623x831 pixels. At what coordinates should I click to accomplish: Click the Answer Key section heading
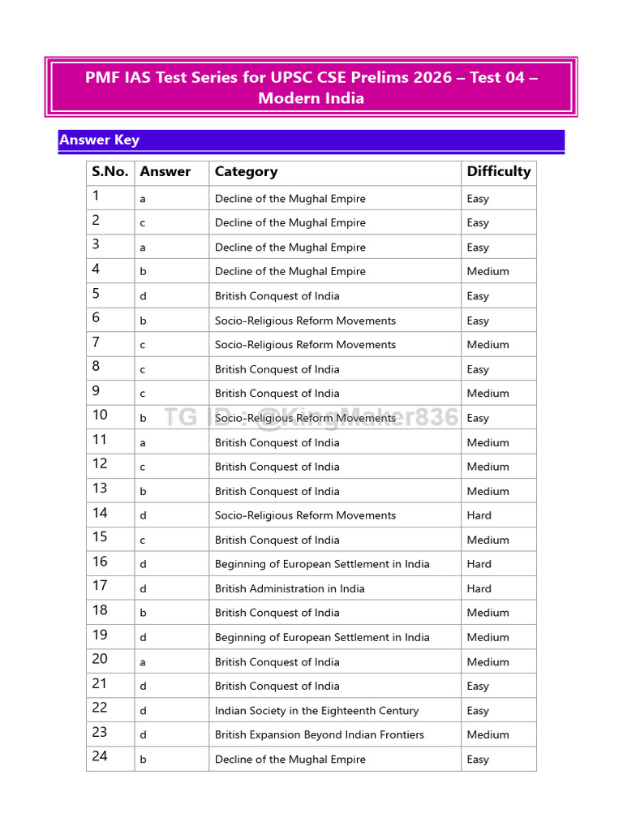(99, 140)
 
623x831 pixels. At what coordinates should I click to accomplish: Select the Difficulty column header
(498, 171)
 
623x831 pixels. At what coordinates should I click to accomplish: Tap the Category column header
(246, 171)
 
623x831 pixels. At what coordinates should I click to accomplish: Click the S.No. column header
(110, 171)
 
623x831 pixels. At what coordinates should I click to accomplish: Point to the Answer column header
(165, 171)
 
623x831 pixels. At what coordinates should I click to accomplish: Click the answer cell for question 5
(144, 296)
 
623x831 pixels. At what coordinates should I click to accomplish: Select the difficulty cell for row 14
(479, 515)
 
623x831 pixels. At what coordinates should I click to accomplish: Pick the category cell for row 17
(290, 588)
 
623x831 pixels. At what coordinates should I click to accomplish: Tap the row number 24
(99, 756)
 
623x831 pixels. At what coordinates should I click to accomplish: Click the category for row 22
(316, 710)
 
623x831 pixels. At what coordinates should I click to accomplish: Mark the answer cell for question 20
(144, 662)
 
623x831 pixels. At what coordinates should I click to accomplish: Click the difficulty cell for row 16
(479, 564)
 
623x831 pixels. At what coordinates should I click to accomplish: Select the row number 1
(96, 196)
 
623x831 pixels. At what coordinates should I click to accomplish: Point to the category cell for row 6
(305, 321)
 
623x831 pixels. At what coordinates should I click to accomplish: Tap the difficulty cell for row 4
(488, 272)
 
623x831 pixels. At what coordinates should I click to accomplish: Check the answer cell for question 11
(144, 443)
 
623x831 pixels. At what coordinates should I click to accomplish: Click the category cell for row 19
(322, 637)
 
